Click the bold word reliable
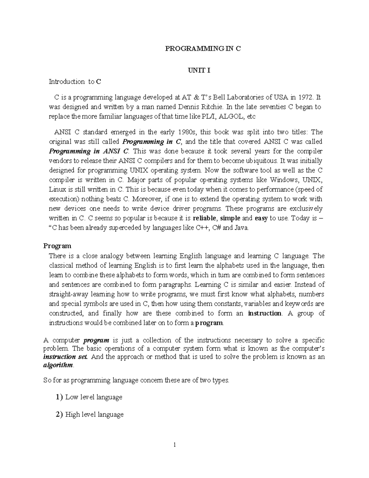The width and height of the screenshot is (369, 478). [205, 218]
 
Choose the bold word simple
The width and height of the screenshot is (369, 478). [231, 218]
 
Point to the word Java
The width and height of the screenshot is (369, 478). [241, 228]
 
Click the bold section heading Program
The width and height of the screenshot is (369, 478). [57, 246]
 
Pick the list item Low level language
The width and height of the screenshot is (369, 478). [94, 397]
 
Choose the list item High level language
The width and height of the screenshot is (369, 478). [94, 414]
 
